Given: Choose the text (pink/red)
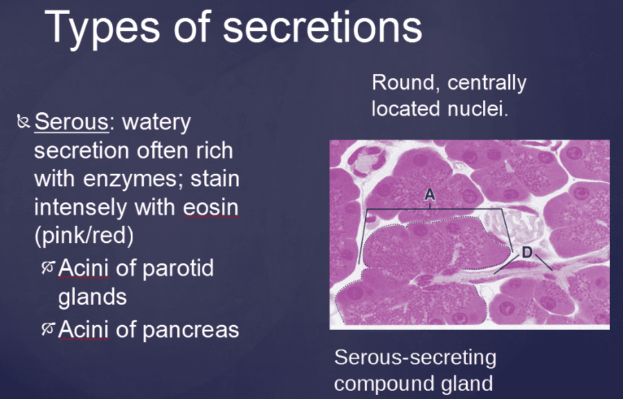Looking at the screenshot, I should coord(83,236).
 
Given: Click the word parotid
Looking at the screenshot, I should coord(177,268).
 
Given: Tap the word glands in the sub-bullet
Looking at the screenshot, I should coord(92,296).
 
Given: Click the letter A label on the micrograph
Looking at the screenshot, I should coord(429,196).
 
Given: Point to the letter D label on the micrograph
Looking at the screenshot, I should coord(527,253).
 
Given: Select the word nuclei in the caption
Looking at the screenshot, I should coord(478,109).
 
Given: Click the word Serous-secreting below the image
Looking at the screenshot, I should coord(415,357).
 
